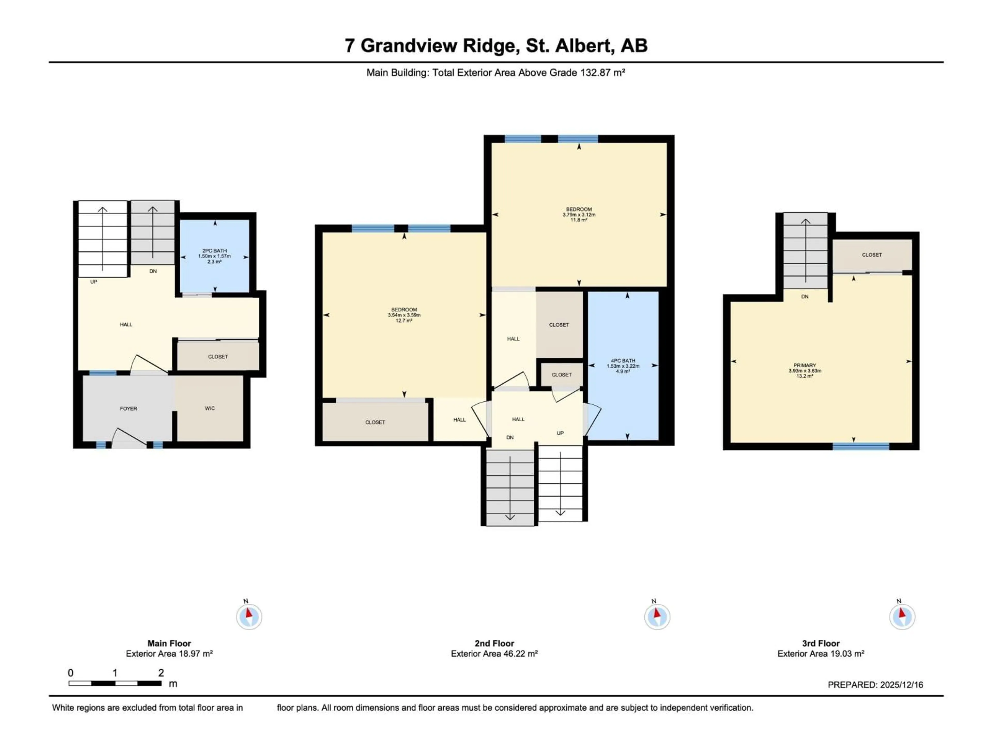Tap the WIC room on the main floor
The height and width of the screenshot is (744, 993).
210,408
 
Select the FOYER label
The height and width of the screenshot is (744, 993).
128,408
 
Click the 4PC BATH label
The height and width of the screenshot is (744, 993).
623,361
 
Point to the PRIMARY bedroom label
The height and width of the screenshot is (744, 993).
804,366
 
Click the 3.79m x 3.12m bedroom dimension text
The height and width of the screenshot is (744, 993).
579,215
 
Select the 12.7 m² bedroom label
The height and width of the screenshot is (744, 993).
404,321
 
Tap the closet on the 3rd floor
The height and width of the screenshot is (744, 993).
872,255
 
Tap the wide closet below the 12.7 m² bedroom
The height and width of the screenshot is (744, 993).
375,422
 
